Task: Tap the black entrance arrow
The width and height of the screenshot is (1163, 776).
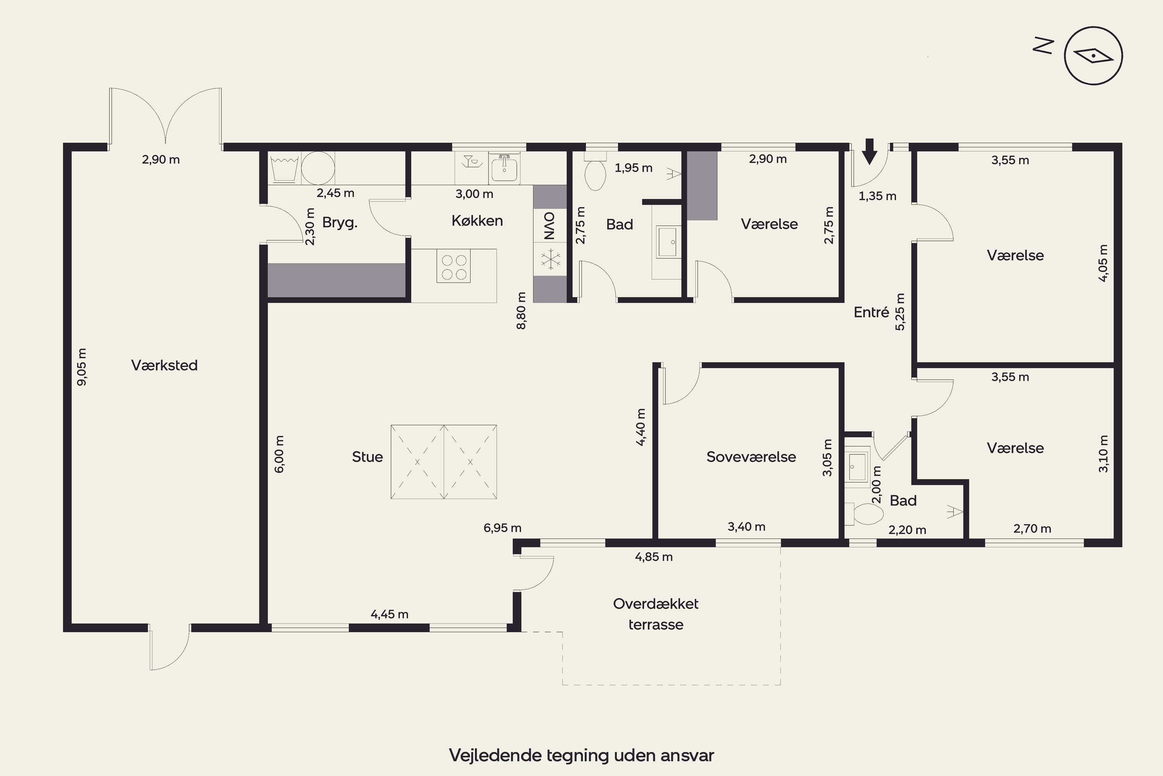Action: point(869,151)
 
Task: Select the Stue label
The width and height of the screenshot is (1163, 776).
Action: point(368,457)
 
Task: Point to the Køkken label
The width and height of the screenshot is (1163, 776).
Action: point(477,221)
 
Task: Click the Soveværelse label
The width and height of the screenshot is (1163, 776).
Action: point(751,457)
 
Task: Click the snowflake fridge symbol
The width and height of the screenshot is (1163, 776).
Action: point(549,259)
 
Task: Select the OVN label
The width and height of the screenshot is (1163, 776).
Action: point(549,226)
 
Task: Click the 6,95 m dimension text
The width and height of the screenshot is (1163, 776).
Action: point(502,528)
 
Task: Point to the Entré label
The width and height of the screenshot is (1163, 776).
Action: point(871,312)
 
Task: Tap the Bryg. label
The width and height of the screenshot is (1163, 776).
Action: point(340,223)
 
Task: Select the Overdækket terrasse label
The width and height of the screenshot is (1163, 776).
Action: point(656,614)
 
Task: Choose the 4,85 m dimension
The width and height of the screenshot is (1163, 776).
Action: point(654,557)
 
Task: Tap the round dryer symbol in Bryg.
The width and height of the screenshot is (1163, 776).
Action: point(318,168)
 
